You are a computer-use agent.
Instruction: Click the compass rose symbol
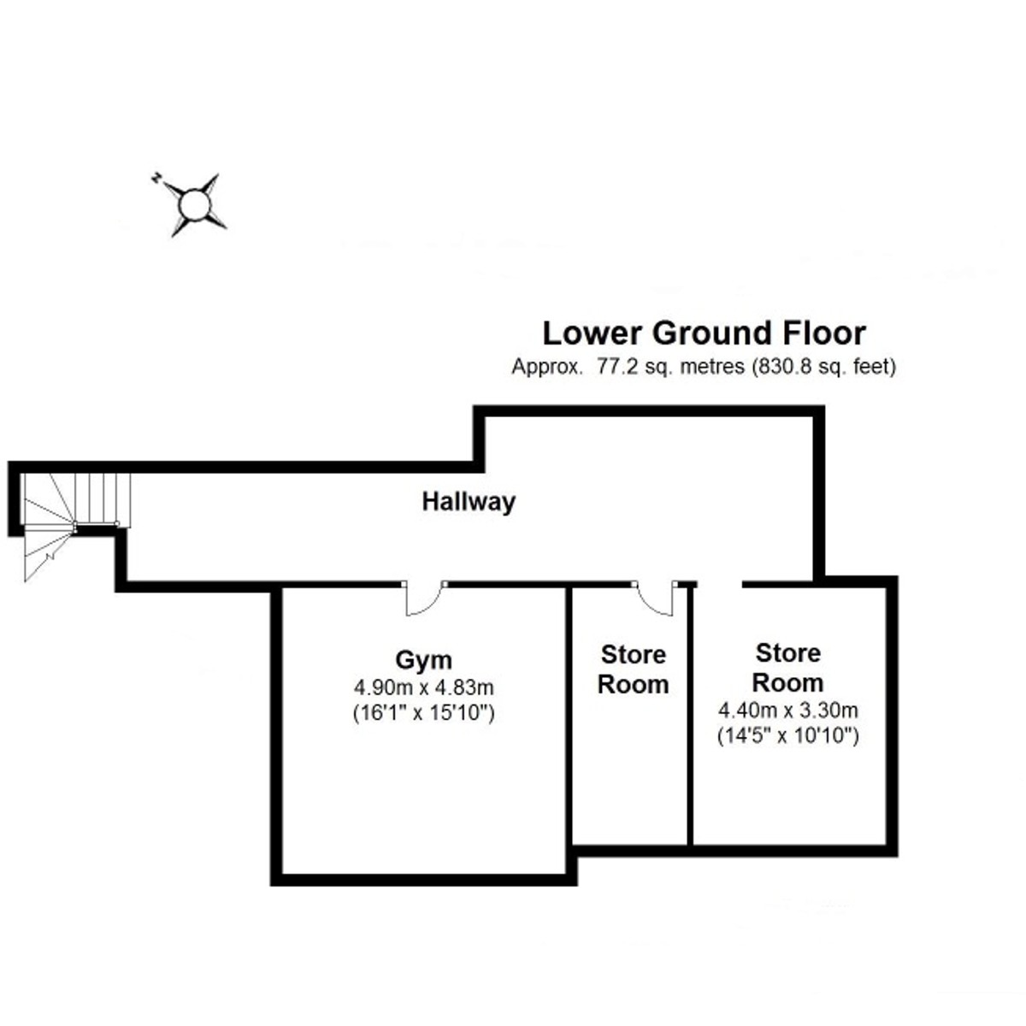coord(194,204)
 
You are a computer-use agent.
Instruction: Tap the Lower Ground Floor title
coord(704,333)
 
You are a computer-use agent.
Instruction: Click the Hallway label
coord(469,501)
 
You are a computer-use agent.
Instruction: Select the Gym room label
coord(423,660)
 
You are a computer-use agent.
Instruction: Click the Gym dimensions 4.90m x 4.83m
coord(424,687)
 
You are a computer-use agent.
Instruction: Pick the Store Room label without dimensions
coord(633,669)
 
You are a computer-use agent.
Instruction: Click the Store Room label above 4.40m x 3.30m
coord(787,668)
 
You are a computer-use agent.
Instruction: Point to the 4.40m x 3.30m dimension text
coord(787,710)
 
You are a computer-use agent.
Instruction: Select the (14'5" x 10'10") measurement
coord(787,734)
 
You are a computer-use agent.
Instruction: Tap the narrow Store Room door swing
coord(657,598)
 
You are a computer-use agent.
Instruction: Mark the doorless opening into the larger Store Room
coord(720,585)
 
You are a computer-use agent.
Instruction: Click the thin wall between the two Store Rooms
coord(689,718)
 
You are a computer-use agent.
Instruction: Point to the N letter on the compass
coord(156,178)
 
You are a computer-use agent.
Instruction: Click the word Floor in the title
coord(822,333)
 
